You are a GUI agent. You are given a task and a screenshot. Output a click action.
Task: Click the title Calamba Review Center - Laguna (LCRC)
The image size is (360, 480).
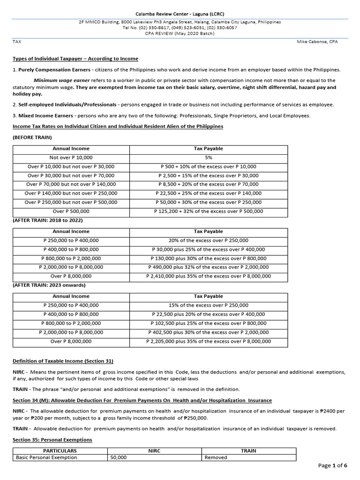(180, 14)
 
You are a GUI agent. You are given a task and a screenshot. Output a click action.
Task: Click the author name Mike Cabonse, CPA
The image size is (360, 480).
(317, 42)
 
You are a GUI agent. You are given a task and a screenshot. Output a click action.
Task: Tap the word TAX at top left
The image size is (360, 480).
(16, 42)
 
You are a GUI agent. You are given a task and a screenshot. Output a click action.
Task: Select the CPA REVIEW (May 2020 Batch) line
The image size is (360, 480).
(180, 33)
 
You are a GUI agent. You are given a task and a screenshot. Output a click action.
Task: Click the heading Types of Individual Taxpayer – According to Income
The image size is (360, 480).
(75, 59)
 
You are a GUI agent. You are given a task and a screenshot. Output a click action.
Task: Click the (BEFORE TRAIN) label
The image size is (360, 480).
(32, 137)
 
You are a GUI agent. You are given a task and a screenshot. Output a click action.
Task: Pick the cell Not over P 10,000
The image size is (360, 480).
(71, 157)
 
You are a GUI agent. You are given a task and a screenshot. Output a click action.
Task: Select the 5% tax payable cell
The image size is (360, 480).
(209, 157)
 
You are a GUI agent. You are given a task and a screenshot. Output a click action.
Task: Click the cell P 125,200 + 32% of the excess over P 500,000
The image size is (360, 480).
(209, 211)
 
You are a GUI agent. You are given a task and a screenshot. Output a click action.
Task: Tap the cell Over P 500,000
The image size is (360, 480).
(71, 211)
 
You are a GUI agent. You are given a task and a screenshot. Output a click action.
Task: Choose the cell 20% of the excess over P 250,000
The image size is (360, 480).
(209, 240)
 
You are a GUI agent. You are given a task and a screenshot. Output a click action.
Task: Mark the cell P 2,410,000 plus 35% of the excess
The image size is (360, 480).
(209, 276)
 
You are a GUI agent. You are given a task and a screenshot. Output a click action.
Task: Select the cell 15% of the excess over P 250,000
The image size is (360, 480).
(209, 305)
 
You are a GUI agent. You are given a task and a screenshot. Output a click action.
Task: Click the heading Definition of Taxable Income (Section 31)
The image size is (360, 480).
(63, 360)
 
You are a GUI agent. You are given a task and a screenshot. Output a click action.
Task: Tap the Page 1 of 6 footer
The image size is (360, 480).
(332, 465)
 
